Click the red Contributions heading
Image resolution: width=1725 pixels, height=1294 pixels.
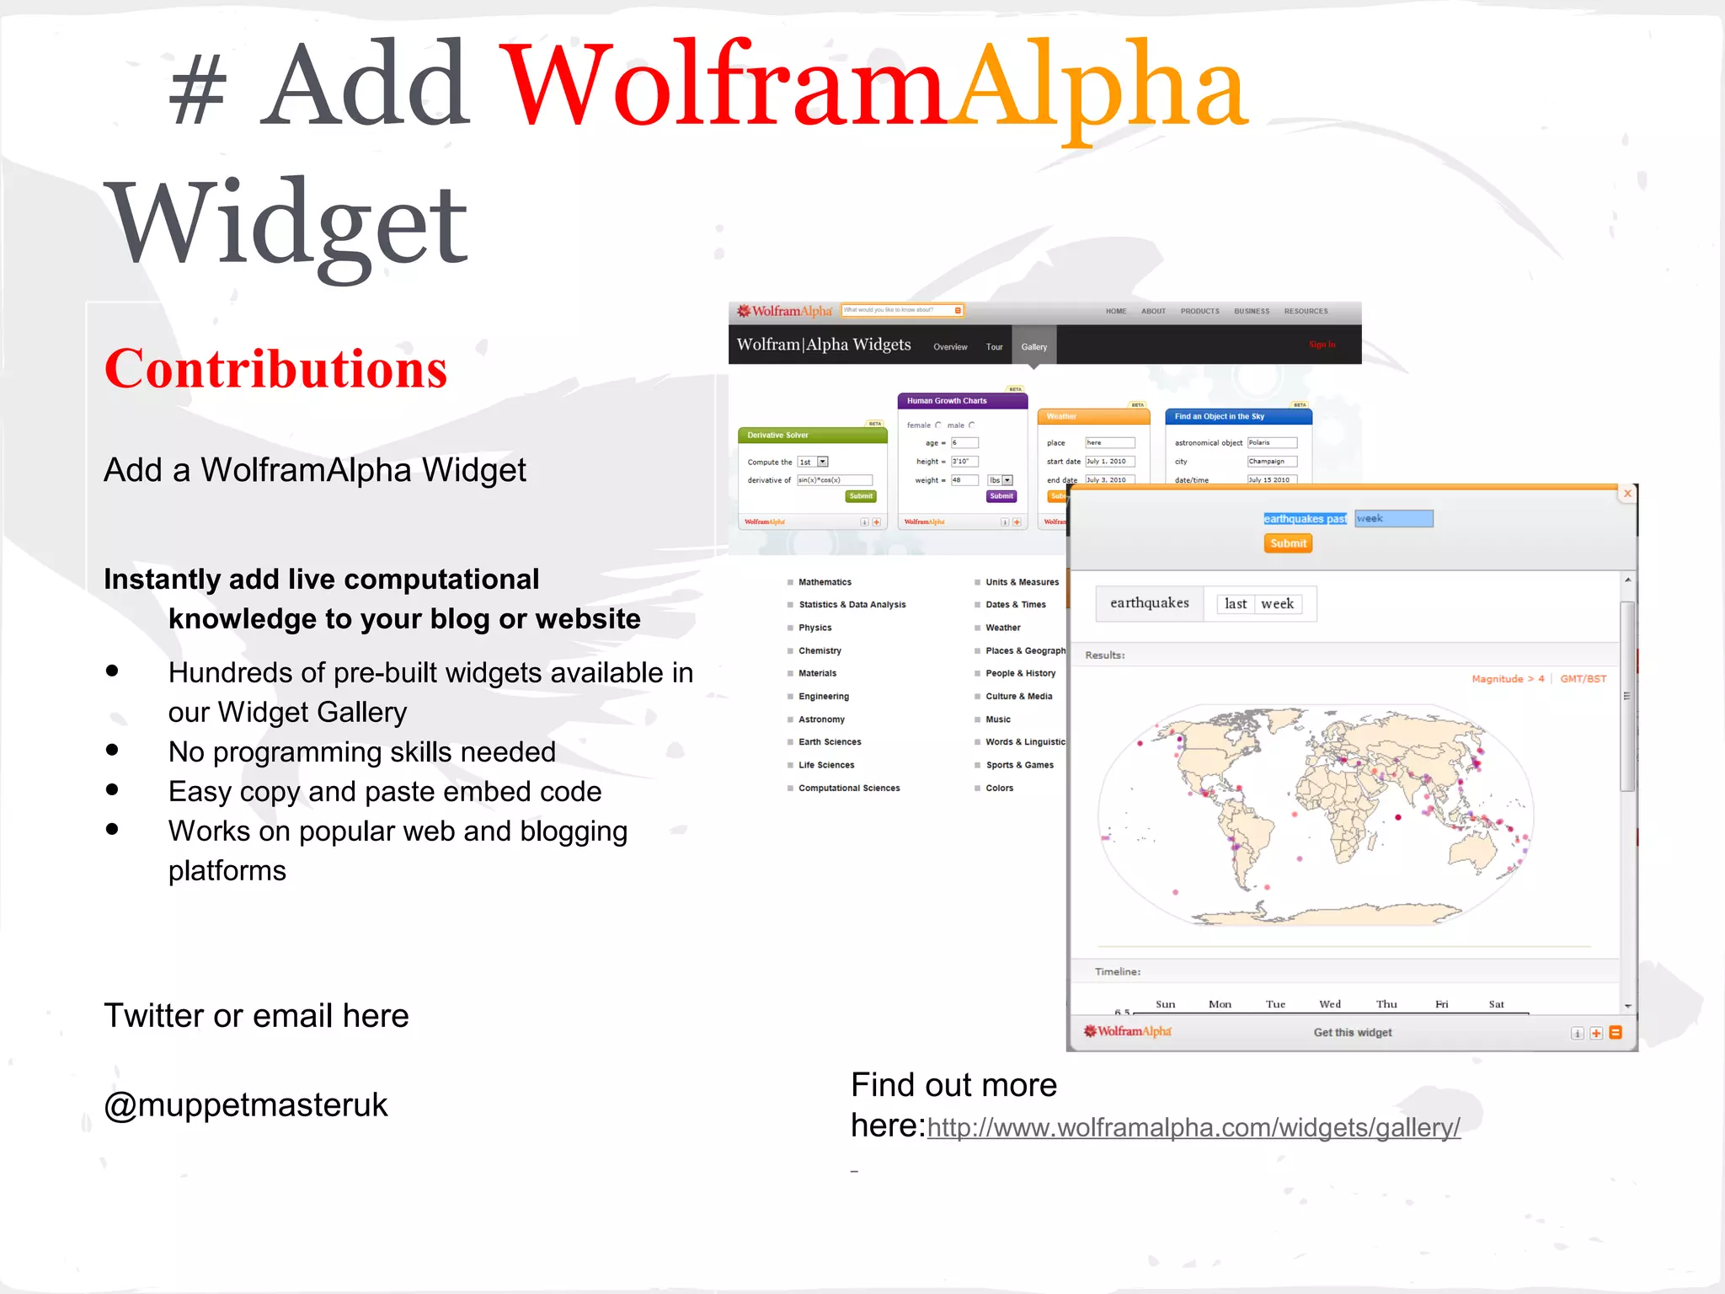[x=275, y=370]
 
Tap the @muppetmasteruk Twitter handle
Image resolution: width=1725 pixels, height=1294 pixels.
[x=245, y=1105]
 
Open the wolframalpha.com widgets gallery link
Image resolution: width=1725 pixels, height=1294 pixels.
[x=1194, y=1128]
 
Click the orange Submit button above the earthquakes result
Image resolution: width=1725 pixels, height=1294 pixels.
[x=1288, y=543]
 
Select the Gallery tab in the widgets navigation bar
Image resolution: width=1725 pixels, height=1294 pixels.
[x=1033, y=347]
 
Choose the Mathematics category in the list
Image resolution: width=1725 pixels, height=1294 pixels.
[x=825, y=582]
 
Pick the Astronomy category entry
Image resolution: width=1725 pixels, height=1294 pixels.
[x=821, y=719]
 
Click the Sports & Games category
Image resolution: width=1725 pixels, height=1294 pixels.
[x=1019, y=765]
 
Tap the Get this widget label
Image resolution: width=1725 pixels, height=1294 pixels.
[x=1352, y=1033]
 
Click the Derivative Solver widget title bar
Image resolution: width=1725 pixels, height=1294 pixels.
[x=812, y=436]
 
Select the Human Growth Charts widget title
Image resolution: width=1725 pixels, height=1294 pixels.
[x=947, y=401]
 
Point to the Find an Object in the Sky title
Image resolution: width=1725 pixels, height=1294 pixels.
[x=1219, y=416]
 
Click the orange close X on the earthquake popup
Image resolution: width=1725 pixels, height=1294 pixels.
[x=1627, y=494]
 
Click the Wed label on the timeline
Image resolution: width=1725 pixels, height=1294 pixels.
[x=1329, y=1004]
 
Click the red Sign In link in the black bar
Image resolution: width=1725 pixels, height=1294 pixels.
[x=1322, y=345]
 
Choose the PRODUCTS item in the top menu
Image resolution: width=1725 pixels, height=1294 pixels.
[x=1199, y=312]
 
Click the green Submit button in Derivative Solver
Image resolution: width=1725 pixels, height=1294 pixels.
[x=860, y=496]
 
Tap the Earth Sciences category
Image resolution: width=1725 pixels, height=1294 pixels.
[x=830, y=742]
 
